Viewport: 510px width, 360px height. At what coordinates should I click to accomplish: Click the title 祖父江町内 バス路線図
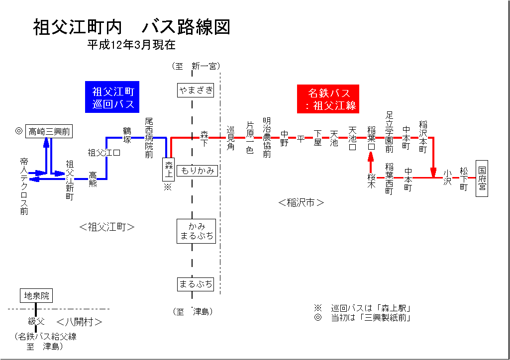pyautogui.click(x=132, y=27)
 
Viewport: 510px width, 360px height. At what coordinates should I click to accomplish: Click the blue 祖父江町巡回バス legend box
pyautogui.click(x=113, y=97)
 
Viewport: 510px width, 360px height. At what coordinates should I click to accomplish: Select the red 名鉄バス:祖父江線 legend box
pyautogui.click(x=329, y=99)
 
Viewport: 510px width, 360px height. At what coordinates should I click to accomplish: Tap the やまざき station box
pyautogui.click(x=196, y=90)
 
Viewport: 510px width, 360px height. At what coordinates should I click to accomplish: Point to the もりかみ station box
pyautogui.click(x=198, y=171)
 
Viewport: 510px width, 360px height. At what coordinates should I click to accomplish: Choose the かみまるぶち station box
pyautogui.click(x=196, y=230)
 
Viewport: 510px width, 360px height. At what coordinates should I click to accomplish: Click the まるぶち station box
pyautogui.click(x=196, y=284)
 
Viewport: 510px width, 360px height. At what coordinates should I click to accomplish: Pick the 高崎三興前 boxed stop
pyautogui.click(x=49, y=131)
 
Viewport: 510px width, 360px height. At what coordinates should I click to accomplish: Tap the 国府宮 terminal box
pyautogui.click(x=482, y=179)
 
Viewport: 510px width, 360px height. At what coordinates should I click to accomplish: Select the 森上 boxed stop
pyautogui.click(x=169, y=170)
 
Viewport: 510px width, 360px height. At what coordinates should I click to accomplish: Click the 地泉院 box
pyautogui.click(x=36, y=296)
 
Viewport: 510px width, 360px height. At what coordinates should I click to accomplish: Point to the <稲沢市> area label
pyautogui.click(x=301, y=203)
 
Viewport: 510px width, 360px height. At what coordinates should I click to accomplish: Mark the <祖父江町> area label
pyautogui.click(x=107, y=227)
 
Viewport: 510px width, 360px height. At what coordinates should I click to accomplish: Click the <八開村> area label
pyautogui.click(x=80, y=322)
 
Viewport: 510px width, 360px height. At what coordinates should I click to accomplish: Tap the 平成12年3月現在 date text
pyautogui.click(x=131, y=45)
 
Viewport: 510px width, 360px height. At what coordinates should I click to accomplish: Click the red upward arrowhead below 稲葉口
pyautogui.click(x=371, y=157)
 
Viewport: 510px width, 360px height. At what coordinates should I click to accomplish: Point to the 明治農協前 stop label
pyautogui.click(x=267, y=138)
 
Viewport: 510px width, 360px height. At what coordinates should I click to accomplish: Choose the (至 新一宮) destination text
pyautogui.click(x=196, y=66)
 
